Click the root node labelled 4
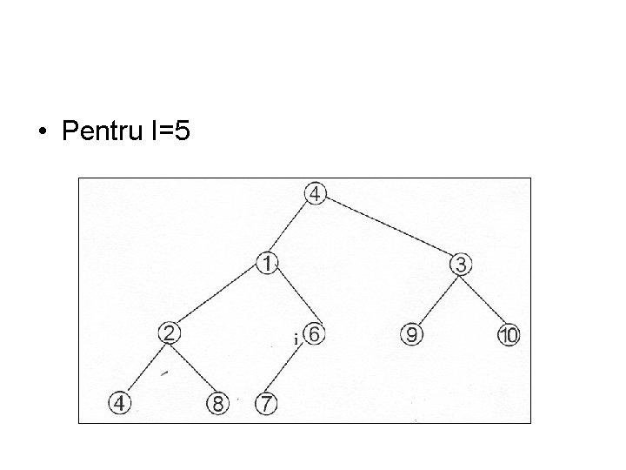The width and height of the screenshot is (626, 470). coord(316,194)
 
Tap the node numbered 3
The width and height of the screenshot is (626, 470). coord(461,263)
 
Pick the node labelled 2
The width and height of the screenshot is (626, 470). coord(170,332)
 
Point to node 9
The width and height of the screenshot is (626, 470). coord(411,334)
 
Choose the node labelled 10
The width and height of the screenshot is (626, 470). coord(509,335)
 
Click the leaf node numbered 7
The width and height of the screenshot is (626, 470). coord(265,404)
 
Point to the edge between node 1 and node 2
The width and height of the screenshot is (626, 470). coord(220,297)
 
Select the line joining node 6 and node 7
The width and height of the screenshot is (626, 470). coord(290,370)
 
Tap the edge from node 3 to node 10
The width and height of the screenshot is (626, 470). coord(485,299)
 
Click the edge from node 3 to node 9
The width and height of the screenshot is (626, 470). coord(436,299)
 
